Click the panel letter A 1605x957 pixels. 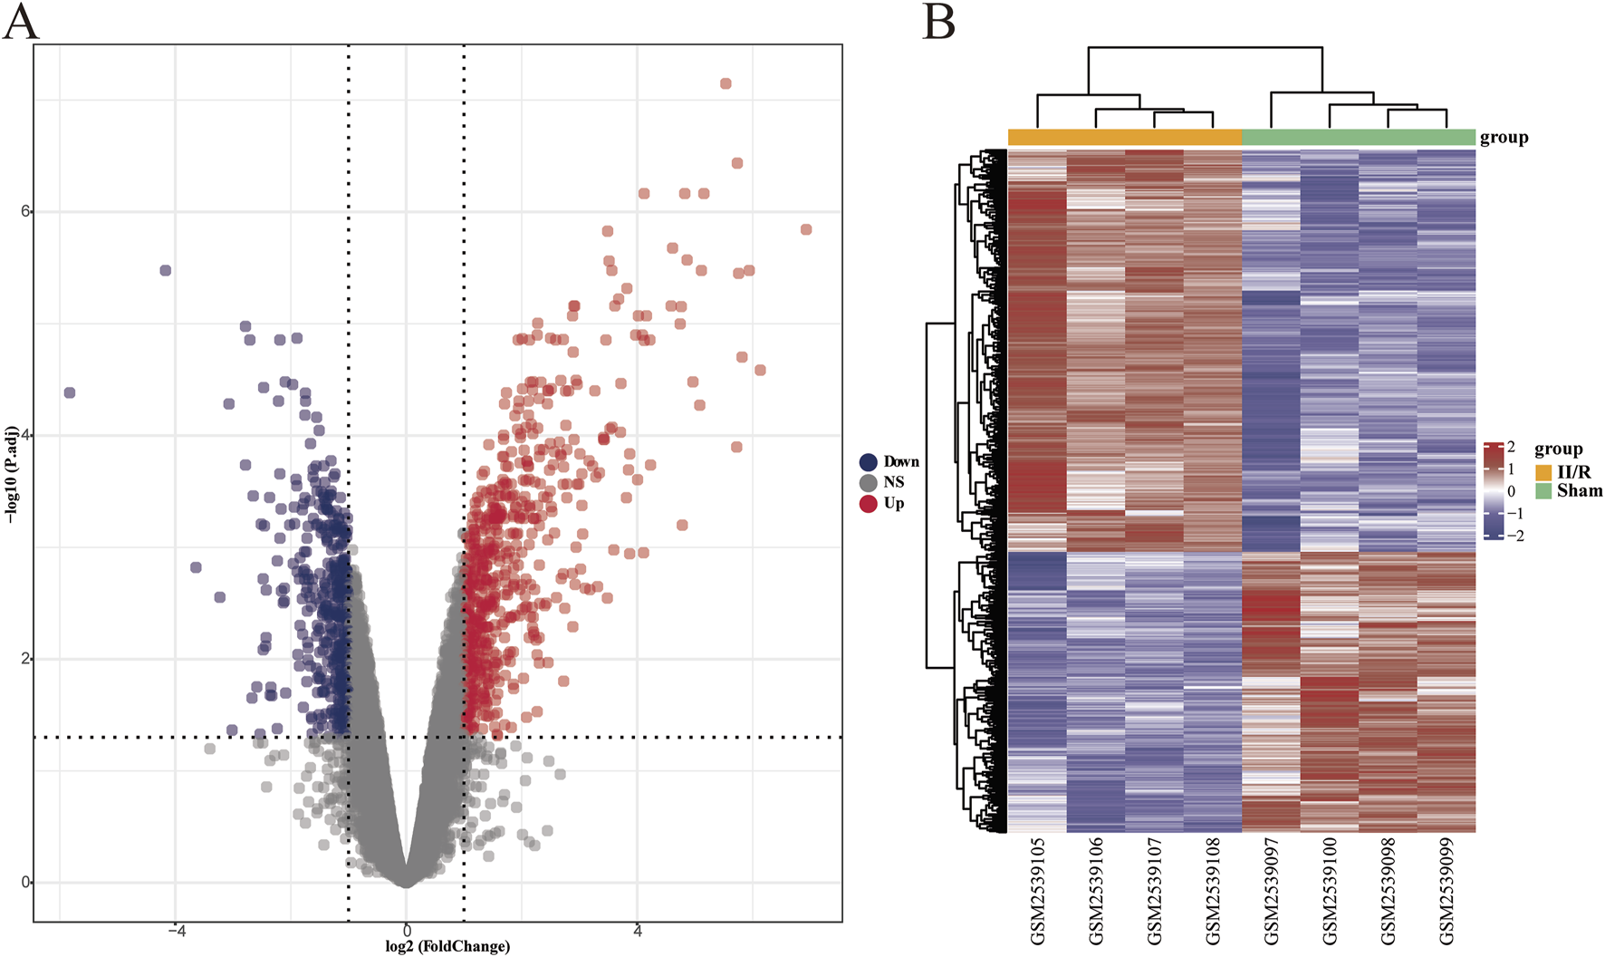click(21, 22)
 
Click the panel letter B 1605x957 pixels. click(938, 22)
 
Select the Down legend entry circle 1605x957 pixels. click(869, 462)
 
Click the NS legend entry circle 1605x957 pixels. click(869, 483)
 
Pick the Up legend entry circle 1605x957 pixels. click(869, 504)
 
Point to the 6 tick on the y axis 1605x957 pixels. click(25, 211)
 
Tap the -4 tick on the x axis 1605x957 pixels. click(175, 931)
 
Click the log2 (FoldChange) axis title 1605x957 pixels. click(447, 946)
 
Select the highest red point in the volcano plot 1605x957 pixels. click(726, 83)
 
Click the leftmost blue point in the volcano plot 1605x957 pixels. click(70, 392)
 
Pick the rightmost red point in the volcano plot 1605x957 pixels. click(806, 229)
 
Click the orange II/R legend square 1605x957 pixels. click(1543, 472)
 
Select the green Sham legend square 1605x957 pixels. click(1543, 491)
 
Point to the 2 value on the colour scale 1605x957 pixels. click(1511, 447)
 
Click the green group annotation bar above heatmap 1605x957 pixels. click(1359, 138)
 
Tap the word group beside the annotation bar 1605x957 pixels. click(1504, 138)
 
